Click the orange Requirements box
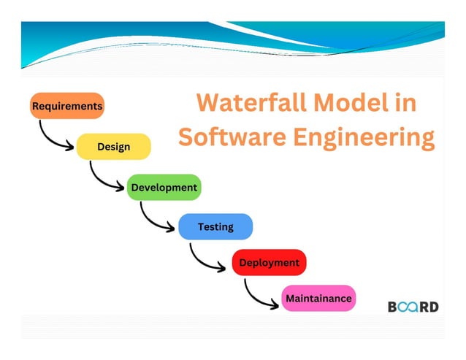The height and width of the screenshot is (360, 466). pyautogui.click(x=67, y=106)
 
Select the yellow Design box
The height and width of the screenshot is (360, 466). pyautogui.click(x=113, y=147)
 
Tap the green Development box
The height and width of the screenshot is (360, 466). pyautogui.click(x=164, y=188)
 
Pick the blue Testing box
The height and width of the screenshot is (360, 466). pyautogui.click(x=215, y=227)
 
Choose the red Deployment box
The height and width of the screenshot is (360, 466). pyautogui.click(x=269, y=262)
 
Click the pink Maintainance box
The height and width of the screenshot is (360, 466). pyautogui.click(x=318, y=298)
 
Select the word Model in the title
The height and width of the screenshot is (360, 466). pyautogui.click(x=347, y=103)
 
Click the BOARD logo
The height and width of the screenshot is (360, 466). pyautogui.click(x=413, y=307)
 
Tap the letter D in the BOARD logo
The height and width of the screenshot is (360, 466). pyautogui.click(x=434, y=307)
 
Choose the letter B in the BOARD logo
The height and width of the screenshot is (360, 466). pyautogui.click(x=392, y=307)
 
